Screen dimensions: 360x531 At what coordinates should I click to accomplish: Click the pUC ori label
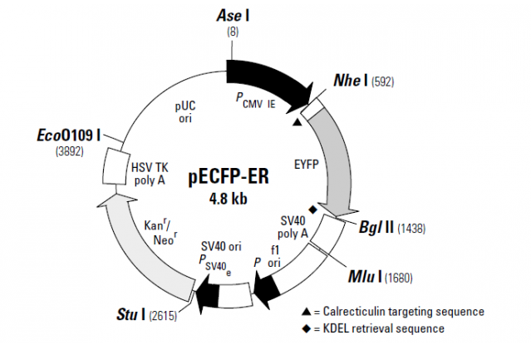(x=184, y=112)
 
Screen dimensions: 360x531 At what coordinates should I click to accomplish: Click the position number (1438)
(x=413, y=228)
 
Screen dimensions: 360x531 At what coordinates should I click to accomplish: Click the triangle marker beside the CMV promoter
(x=297, y=122)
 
